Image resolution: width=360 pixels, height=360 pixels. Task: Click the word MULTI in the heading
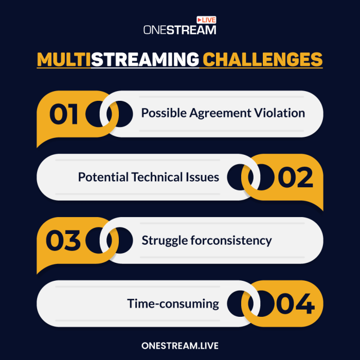[x=64, y=59]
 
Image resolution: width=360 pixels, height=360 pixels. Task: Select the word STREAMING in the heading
[x=145, y=59]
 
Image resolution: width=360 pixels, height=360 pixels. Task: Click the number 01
[x=64, y=114]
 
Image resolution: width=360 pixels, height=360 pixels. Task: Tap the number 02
[x=296, y=177]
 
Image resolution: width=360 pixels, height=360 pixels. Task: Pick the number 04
[x=296, y=304]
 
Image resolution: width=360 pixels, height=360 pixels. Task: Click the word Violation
[x=281, y=113]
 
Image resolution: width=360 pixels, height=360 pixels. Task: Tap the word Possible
[x=161, y=113]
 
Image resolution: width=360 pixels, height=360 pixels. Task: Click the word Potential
[x=103, y=177]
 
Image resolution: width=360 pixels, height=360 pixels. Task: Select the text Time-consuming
[x=173, y=303]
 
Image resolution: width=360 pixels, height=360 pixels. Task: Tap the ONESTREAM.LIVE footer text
[x=180, y=346]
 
